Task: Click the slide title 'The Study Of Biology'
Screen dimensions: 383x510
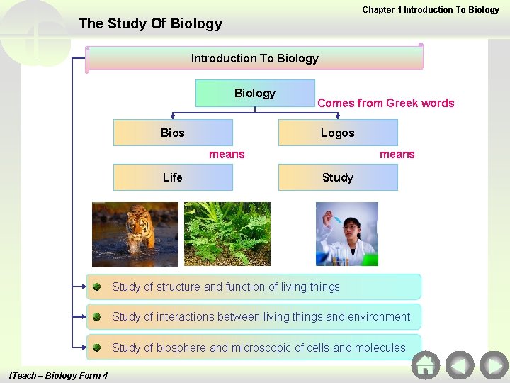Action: (x=150, y=23)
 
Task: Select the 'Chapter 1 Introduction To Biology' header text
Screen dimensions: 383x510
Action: (x=431, y=10)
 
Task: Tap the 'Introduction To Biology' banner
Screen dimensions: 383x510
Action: (x=255, y=58)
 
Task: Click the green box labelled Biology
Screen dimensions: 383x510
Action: (x=255, y=93)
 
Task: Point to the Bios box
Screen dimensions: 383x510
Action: (x=173, y=133)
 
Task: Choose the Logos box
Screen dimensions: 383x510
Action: (x=337, y=133)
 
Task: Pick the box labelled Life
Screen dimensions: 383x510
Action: (x=173, y=177)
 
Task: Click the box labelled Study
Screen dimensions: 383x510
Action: (x=337, y=177)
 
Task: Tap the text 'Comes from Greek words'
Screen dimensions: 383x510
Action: (x=385, y=103)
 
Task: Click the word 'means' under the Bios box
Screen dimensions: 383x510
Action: (x=227, y=154)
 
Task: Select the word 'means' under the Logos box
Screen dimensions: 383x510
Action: (x=397, y=154)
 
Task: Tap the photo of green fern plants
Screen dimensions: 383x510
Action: (x=227, y=234)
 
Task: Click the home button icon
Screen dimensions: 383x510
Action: (x=426, y=365)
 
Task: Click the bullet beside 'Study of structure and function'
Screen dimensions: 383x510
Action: (x=96, y=287)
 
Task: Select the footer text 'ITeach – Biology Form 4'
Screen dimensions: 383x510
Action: (x=58, y=375)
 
